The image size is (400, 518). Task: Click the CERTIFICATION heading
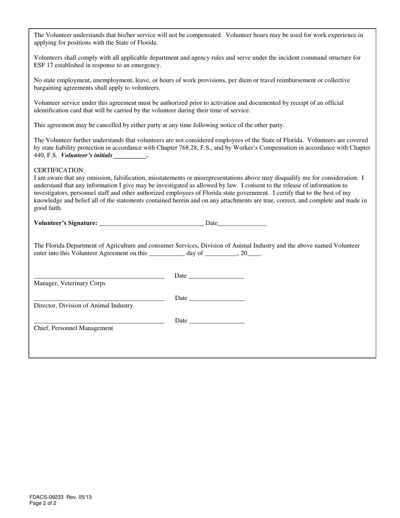tap(59, 170)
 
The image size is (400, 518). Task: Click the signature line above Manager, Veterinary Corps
tap(99, 277)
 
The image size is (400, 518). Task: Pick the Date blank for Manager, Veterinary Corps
tap(216, 277)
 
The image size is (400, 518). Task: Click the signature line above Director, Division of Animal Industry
tap(99, 299)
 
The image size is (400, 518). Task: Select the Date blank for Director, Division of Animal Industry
tap(216, 299)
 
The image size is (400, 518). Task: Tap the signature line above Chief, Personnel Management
tap(99, 322)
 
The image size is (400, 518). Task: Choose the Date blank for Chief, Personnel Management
tap(216, 322)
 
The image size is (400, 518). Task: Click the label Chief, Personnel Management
tap(73, 328)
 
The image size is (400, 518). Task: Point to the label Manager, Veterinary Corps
tap(69, 283)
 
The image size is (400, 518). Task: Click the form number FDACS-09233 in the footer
tap(46, 497)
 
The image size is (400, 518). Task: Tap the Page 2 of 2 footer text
tap(43, 503)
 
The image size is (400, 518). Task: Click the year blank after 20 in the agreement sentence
tap(254, 254)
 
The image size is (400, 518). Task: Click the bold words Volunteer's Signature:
tap(66, 223)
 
